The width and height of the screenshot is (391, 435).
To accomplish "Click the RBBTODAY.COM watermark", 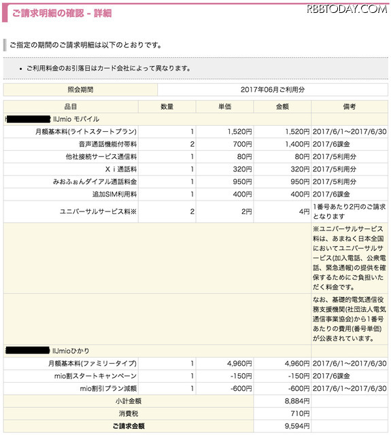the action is [x=346, y=10].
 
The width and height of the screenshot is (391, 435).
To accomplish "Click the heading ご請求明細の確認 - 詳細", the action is [x=62, y=13].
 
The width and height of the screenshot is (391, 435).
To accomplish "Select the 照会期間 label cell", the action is [x=80, y=90].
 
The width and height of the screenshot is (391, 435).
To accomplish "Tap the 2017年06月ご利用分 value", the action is [x=273, y=90].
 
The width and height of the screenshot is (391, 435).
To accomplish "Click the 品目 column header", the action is [x=71, y=107].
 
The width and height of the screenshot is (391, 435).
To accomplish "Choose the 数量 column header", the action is [x=167, y=107].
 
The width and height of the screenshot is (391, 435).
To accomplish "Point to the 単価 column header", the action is [x=224, y=107].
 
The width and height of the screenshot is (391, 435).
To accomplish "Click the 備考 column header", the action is [x=350, y=107].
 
